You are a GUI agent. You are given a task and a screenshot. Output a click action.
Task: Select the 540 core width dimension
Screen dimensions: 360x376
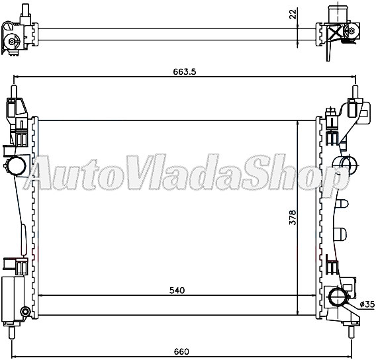[x=176, y=290]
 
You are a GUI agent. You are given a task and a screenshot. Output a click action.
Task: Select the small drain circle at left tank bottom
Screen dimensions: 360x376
[x=25, y=312]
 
